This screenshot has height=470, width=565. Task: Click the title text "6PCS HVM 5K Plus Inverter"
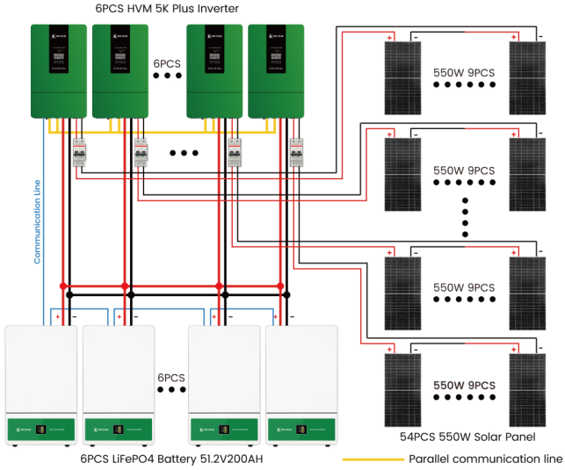tap(166, 9)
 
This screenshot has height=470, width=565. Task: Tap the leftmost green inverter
tap(59, 70)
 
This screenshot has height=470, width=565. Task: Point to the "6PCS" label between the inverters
tap(167, 64)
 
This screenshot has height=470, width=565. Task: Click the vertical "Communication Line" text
tap(38, 220)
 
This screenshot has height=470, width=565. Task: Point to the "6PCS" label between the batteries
tap(172, 379)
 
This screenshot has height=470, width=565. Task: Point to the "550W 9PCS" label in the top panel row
tap(464, 73)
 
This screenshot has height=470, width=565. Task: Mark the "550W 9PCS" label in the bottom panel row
tap(464, 386)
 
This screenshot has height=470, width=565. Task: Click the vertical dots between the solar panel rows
tap(464, 219)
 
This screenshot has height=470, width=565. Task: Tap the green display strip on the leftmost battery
tap(41, 430)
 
